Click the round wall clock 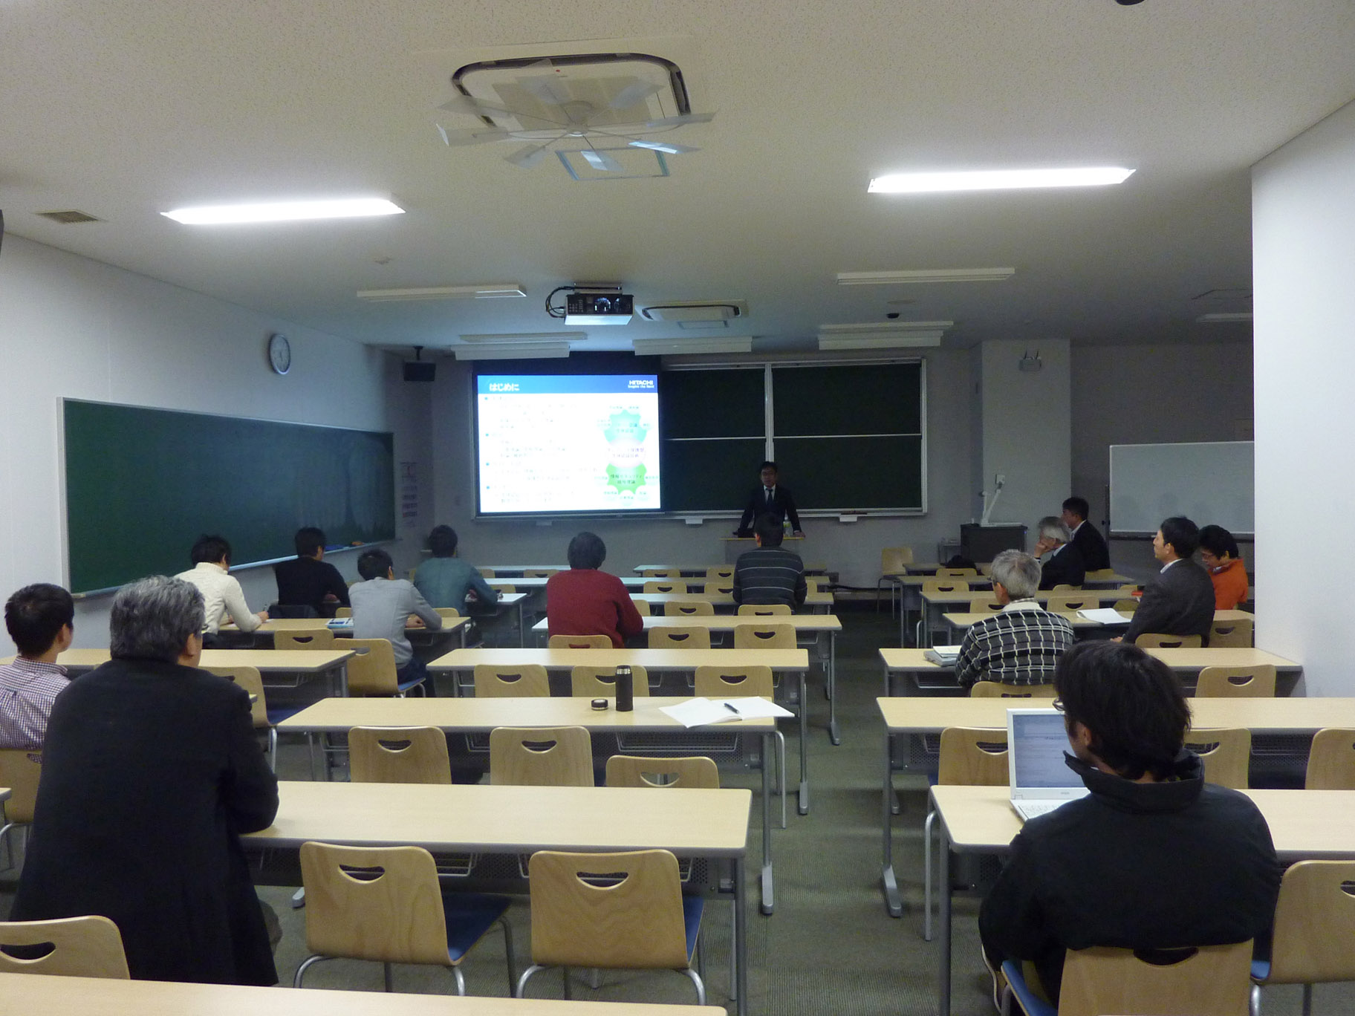pyautogui.click(x=279, y=354)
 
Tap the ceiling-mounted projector pyautogui.click(x=598, y=306)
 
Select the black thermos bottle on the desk pyautogui.click(x=623, y=688)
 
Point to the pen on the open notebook pyautogui.click(x=732, y=708)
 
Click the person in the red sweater pyautogui.click(x=592, y=593)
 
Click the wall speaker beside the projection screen pyautogui.click(x=418, y=371)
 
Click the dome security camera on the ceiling pyautogui.click(x=892, y=315)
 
